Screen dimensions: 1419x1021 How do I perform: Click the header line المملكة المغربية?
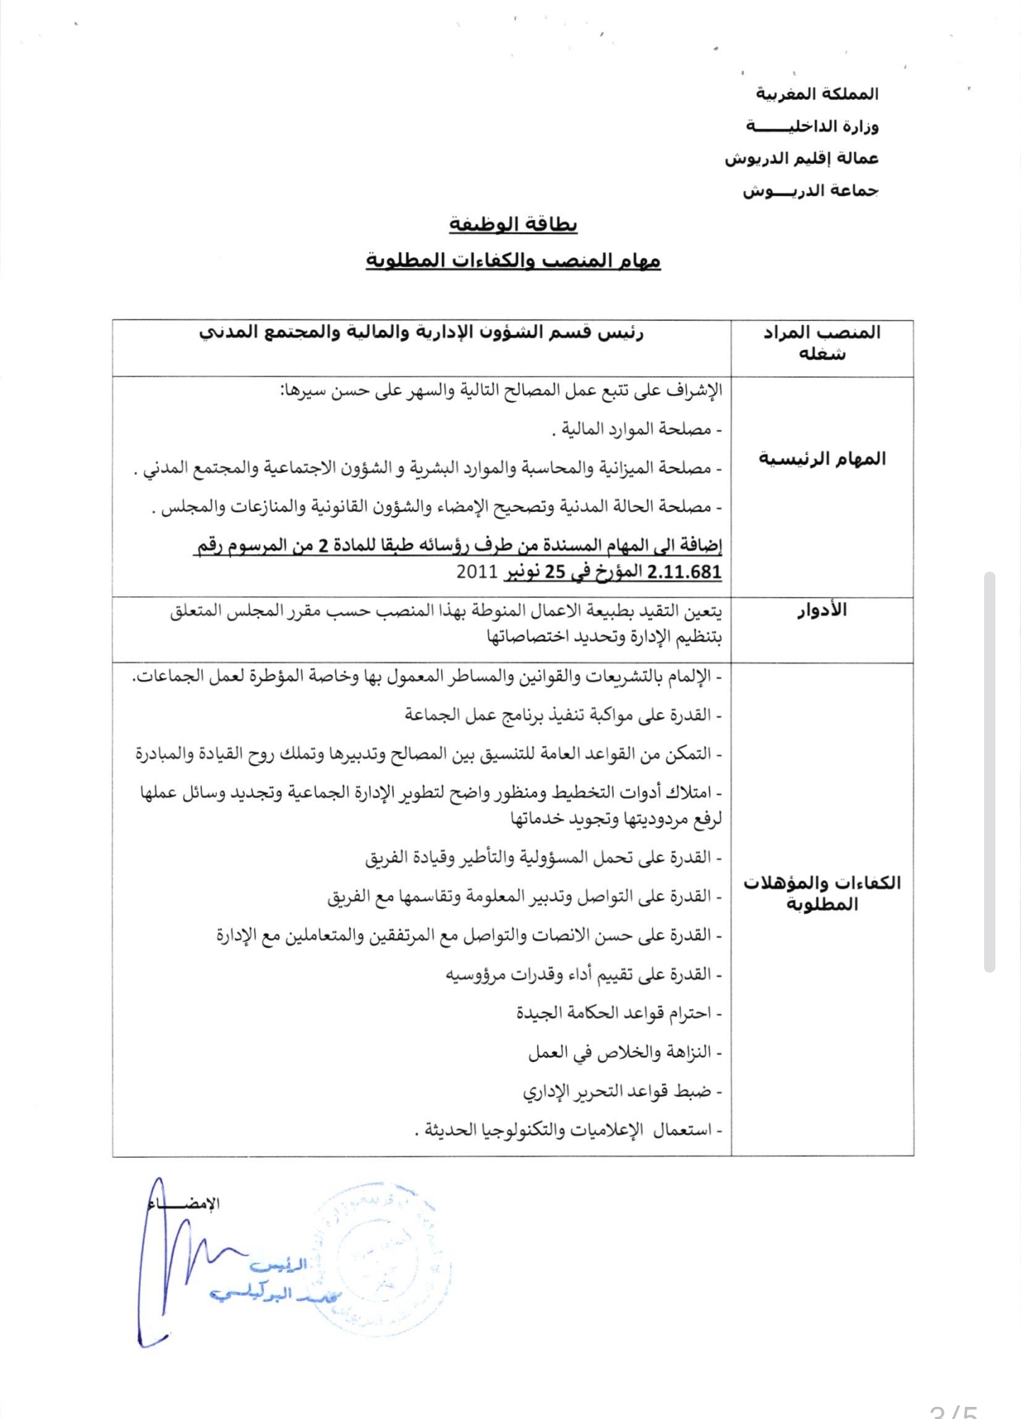pyautogui.click(x=817, y=94)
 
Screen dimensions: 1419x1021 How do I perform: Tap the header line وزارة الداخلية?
pyautogui.click(x=812, y=126)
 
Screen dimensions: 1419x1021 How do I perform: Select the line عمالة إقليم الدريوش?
pyautogui.click(x=801, y=158)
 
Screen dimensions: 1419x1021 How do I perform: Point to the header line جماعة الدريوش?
pyautogui.click(x=810, y=191)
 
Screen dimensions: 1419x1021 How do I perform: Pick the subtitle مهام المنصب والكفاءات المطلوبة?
pyautogui.click(x=513, y=261)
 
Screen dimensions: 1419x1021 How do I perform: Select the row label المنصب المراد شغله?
pyautogui.click(x=822, y=343)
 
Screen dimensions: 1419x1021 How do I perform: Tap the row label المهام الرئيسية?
pyautogui.click(x=822, y=459)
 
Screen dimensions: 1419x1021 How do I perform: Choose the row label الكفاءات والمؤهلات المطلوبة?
pyautogui.click(x=822, y=893)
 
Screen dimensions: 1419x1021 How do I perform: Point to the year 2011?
pyautogui.click(x=478, y=572)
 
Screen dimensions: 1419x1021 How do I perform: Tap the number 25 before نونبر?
pyautogui.click(x=554, y=572)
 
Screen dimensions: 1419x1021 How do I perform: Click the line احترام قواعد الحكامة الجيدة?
pyautogui.click(x=618, y=1013)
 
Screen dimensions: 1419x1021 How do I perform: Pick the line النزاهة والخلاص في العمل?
pyautogui.click(x=624, y=1052)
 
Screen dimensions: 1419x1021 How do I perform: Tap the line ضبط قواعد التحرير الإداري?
pyautogui.click(x=622, y=1091)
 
